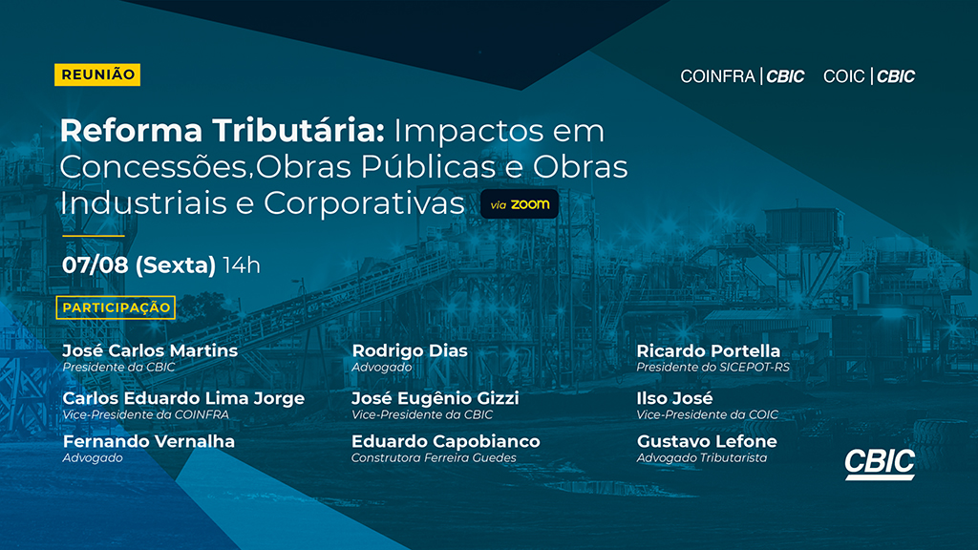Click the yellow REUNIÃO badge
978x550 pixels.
[x=97, y=74]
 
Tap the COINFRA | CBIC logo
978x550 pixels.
[x=742, y=76]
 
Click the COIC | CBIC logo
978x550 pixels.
[x=869, y=76]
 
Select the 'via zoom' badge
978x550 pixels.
[x=520, y=204]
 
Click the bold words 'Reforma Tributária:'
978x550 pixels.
[x=223, y=131]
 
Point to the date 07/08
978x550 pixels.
[x=95, y=265]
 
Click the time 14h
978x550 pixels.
[x=242, y=265]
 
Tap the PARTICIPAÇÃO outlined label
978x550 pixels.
[x=116, y=307]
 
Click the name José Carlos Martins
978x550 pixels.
[x=150, y=350]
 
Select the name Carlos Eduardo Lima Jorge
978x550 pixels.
[x=183, y=398]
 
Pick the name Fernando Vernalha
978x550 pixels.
[x=149, y=441]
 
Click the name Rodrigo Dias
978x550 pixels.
[x=410, y=350]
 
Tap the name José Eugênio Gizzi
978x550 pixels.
[x=436, y=398]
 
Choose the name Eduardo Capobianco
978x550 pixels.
[x=446, y=441]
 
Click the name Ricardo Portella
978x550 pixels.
[x=709, y=350]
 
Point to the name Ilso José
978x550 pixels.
[x=675, y=398]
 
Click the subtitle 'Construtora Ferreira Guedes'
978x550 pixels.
[x=435, y=457]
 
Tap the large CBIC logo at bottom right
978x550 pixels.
[x=880, y=464]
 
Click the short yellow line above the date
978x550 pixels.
[x=94, y=237]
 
